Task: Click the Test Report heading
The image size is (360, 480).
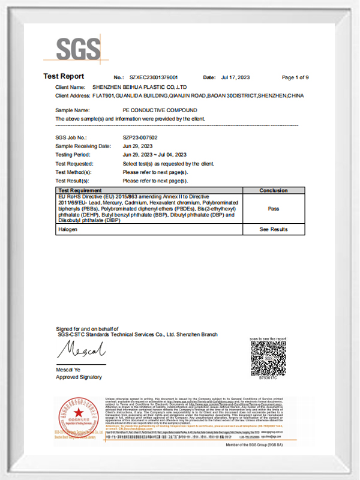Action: pos(64,76)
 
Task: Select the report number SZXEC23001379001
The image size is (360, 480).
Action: pos(154,78)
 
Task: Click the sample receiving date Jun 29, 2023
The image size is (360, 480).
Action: pos(137,146)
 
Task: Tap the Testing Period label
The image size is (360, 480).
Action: pos(73,155)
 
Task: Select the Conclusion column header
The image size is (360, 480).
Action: pos(273,190)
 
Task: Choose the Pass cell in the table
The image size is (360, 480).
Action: pos(273,208)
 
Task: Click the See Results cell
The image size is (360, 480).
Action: pos(273,229)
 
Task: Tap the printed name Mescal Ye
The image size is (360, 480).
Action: pos(69,370)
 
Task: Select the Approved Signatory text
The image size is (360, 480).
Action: pos(79,377)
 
